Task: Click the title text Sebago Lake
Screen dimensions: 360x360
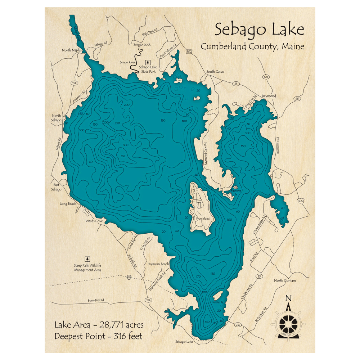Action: coord(259,30)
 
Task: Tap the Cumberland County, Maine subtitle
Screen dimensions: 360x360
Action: coord(252,46)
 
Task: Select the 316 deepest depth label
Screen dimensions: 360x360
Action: coord(123,156)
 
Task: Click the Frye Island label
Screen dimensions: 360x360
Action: coord(203,219)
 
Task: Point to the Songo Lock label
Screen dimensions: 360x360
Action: coord(142,45)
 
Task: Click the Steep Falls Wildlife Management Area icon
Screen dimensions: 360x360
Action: coord(87,259)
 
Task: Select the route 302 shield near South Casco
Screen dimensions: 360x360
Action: coord(189,51)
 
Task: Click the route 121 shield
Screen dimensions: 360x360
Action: coord(266,77)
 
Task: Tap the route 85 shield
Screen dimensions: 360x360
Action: coord(297,99)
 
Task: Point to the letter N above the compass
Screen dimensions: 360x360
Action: coord(288,298)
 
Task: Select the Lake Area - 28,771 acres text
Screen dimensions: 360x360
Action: coord(99,325)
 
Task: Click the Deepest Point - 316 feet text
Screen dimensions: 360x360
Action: coord(98,336)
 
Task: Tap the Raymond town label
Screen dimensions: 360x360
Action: coord(269,96)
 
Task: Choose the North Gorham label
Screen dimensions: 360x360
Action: coord(285,280)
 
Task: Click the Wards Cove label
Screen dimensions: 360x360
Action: coord(94,221)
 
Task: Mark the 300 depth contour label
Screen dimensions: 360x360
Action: coord(125,145)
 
